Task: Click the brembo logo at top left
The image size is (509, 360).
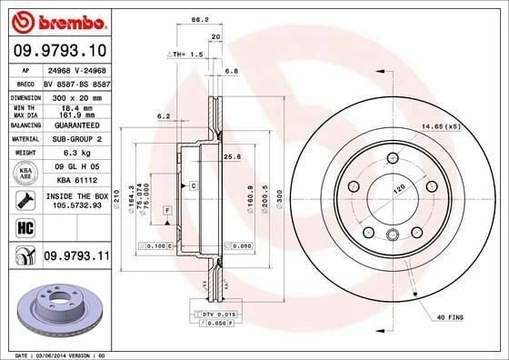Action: [x=55, y=20]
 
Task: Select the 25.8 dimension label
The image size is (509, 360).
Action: [x=231, y=158]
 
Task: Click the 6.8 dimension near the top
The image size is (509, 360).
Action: [x=231, y=70]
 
